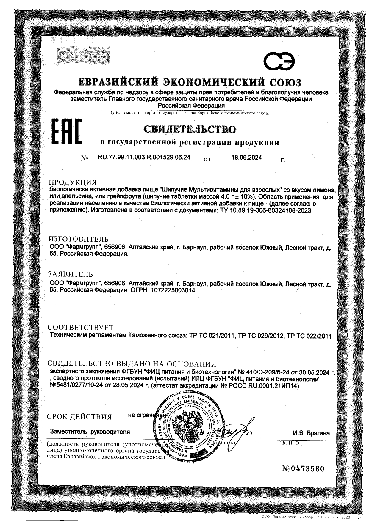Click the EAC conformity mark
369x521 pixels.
[x=67, y=132]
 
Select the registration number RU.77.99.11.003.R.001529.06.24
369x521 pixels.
[x=144, y=158]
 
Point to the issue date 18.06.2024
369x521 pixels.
[x=246, y=158]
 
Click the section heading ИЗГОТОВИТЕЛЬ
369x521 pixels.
[x=78, y=239]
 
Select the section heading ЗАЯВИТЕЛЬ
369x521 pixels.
[x=71, y=274]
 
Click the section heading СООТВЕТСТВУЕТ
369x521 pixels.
[x=81, y=328]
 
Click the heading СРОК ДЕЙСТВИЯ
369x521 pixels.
[x=79, y=417]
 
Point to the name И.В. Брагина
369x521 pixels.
[x=311, y=433]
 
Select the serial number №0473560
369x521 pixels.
[x=302, y=469]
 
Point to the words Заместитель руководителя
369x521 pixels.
[x=90, y=432]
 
